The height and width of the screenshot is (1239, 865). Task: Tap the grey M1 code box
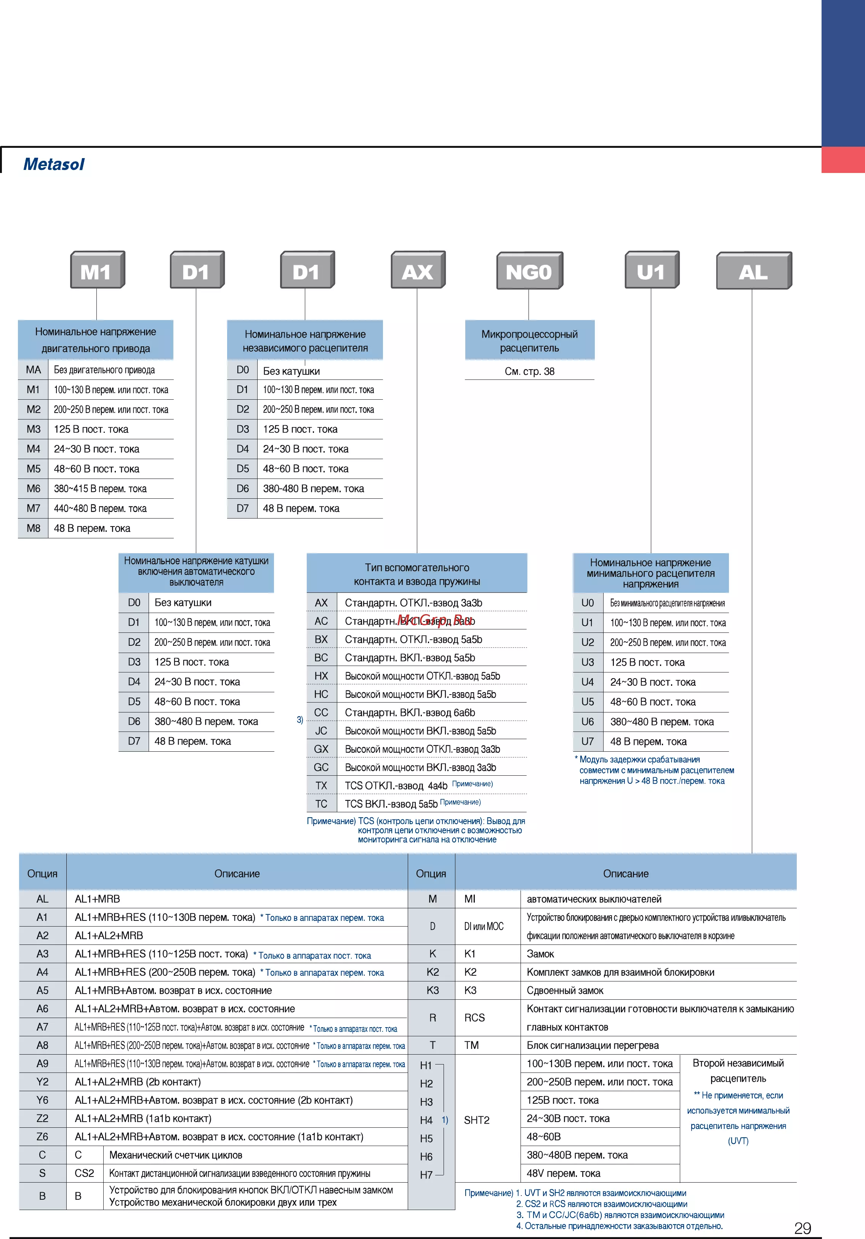[x=98, y=270]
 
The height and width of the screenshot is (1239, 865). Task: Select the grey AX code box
[x=418, y=270]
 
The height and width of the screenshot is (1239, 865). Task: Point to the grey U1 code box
[x=652, y=270]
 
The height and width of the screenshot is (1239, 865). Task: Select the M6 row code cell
[x=34, y=488]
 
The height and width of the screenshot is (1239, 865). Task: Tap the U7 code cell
[x=588, y=741]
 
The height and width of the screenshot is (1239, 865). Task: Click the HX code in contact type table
[x=321, y=676]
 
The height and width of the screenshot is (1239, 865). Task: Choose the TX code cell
[x=321, y=785]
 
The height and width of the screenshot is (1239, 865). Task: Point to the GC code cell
[x=321, y=767]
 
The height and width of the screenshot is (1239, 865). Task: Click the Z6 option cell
[x=43, y=1137]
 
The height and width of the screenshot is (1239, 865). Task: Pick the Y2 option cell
[x=43, y=1081]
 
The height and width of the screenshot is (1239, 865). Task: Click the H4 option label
[x=426, y=1120]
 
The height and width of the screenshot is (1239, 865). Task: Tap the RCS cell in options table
[x=474, y=1017]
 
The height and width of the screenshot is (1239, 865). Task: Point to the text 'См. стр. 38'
[x=529, y=371]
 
